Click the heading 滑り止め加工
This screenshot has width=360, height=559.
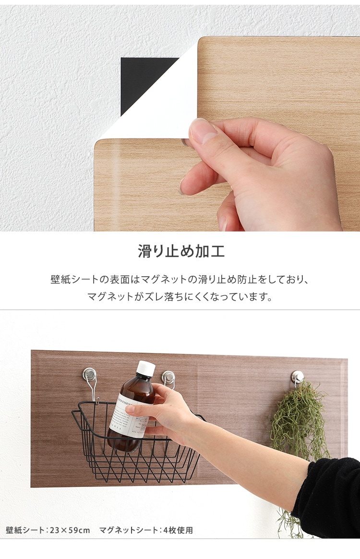coord(181,251)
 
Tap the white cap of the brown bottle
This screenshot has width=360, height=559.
coord(146,368)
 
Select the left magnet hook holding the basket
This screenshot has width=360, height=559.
coord(90,375)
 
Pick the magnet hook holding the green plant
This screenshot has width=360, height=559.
coord(298,377)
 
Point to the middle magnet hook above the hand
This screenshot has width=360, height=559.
coord(168,377)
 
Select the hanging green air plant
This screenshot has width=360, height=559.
coord(299,423)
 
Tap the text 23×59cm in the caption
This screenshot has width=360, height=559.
coord(72,530)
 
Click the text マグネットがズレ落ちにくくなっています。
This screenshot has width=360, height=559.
coord(180,297)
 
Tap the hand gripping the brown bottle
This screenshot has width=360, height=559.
coord(163,413)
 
